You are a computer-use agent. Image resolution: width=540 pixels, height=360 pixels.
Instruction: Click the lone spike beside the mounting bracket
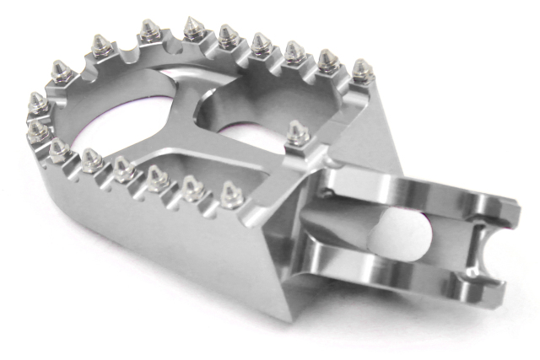[296, 132]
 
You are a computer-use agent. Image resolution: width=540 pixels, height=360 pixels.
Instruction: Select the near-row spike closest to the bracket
[228, 191]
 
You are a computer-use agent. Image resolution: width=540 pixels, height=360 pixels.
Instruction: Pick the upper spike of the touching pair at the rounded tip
[38, 103]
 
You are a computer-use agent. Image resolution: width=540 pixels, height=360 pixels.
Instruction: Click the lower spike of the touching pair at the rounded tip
[37, 128]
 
